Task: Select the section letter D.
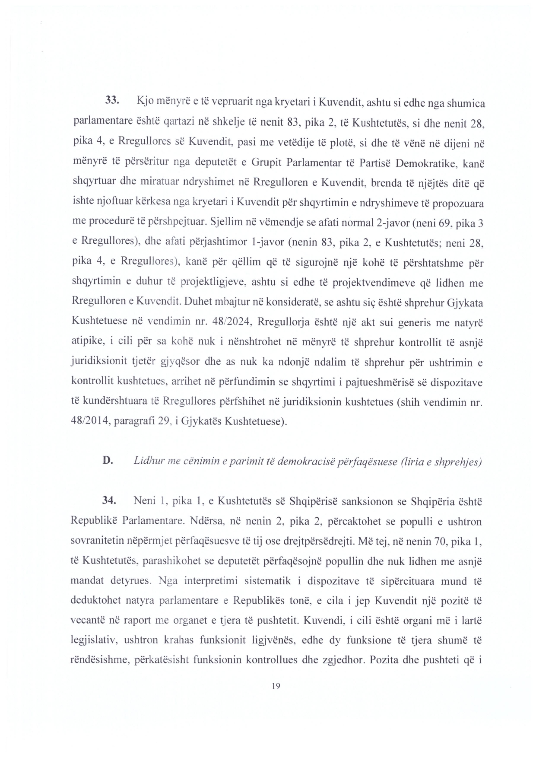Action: [108, 460]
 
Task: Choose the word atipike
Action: [88, 343]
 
